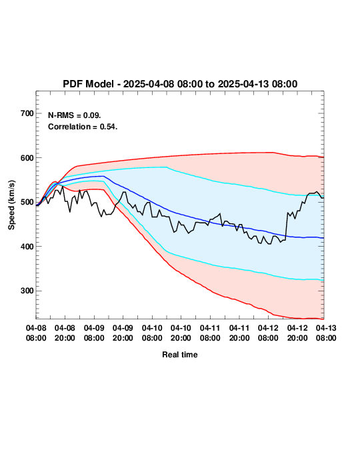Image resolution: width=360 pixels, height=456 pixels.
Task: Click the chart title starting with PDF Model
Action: coord(180,84)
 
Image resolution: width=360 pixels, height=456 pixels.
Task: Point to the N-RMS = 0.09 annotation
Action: coord(75,115)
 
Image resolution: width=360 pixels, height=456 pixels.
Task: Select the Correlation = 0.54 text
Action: coord(83,127)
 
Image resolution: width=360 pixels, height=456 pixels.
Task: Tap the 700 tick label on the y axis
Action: coord(27,113)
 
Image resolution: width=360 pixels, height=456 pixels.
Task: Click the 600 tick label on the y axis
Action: coord(27,158)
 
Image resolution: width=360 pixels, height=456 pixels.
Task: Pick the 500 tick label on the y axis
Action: coord(27,202)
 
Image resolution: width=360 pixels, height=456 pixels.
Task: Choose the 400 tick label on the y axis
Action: coord(27,246)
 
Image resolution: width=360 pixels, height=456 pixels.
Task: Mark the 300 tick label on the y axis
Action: coord(27,291)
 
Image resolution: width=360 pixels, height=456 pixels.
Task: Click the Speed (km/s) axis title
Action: coord(11,205)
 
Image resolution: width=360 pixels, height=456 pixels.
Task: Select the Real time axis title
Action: coord(180,355)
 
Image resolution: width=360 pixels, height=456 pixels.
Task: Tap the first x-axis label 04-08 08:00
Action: coord(36,333)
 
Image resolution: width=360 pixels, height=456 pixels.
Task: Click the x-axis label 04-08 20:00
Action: coord(65,333)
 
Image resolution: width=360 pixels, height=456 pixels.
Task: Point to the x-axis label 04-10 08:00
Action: coord(152,333)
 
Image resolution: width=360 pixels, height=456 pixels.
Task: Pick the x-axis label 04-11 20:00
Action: coord(239,333)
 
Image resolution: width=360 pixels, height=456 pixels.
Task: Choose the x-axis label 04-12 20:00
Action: coord(297,333)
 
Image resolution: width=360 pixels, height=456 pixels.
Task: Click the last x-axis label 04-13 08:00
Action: coord(326,333)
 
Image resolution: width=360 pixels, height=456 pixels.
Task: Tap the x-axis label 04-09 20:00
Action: coord(123,333)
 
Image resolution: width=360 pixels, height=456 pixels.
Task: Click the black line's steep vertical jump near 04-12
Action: coord(287,226)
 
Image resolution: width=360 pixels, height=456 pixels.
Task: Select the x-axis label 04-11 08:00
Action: coord(210,333)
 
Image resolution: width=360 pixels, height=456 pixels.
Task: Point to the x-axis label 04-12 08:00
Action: coord(268,333)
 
